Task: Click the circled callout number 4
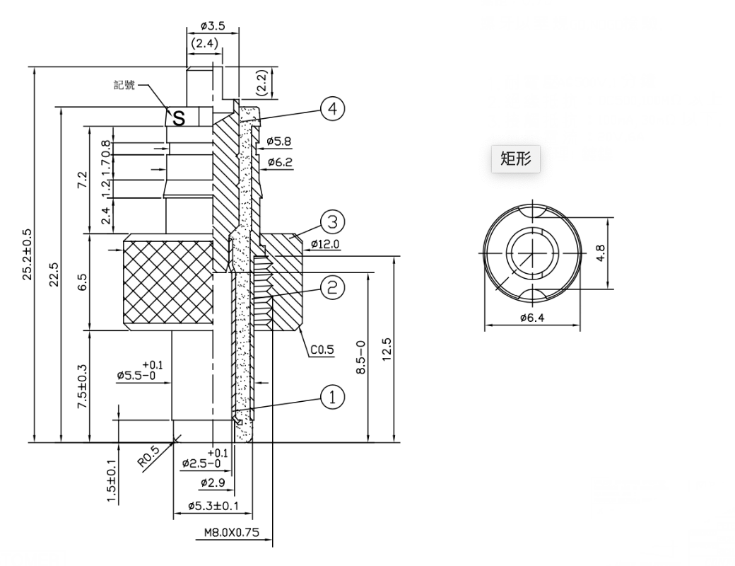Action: (332, 109)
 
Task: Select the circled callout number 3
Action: (332, 222)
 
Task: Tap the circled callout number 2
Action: (332, 287)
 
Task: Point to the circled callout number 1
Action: (332, 397)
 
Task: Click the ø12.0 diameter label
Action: (326, 244)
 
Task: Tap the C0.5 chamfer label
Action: (322, 350)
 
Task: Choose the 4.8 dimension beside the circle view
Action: (601, 253)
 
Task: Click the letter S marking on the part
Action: (179, 118)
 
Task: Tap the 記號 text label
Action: (124, 85)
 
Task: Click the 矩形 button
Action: (516, 159)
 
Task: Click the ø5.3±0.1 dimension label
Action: (213, 506)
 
